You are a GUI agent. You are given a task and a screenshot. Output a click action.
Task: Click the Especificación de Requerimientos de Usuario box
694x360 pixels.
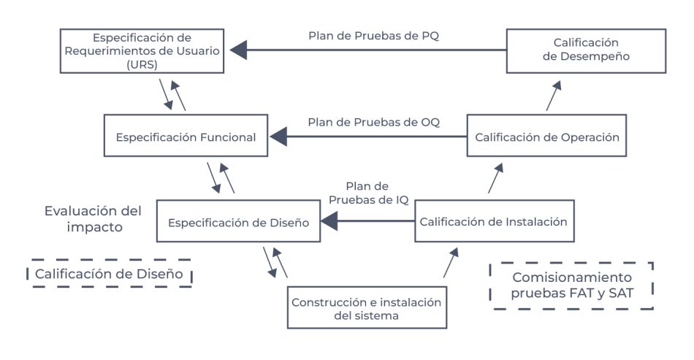click(140, 51)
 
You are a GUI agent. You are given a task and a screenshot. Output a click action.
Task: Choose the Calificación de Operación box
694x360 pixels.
click(546, 137)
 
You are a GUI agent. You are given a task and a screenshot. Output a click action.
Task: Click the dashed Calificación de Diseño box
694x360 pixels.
click(108, 274)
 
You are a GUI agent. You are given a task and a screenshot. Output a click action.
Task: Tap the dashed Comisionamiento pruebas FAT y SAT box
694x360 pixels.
click(572, 286)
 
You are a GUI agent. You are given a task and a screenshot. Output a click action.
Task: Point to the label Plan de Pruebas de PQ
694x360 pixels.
click(373, 36)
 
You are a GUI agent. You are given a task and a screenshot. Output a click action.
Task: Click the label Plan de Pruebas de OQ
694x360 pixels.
click(373, 122)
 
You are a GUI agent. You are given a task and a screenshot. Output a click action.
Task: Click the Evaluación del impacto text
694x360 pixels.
click(92, 218)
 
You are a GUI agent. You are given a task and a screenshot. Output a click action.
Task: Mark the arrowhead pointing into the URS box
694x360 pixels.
click(238, 50)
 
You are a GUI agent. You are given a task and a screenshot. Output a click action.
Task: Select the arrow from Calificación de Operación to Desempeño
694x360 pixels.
click(554, 95)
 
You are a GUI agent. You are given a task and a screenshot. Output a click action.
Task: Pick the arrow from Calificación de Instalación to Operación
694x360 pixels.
click(496, 178)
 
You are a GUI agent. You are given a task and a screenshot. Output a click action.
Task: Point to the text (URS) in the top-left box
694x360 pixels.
click(140, 64)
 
